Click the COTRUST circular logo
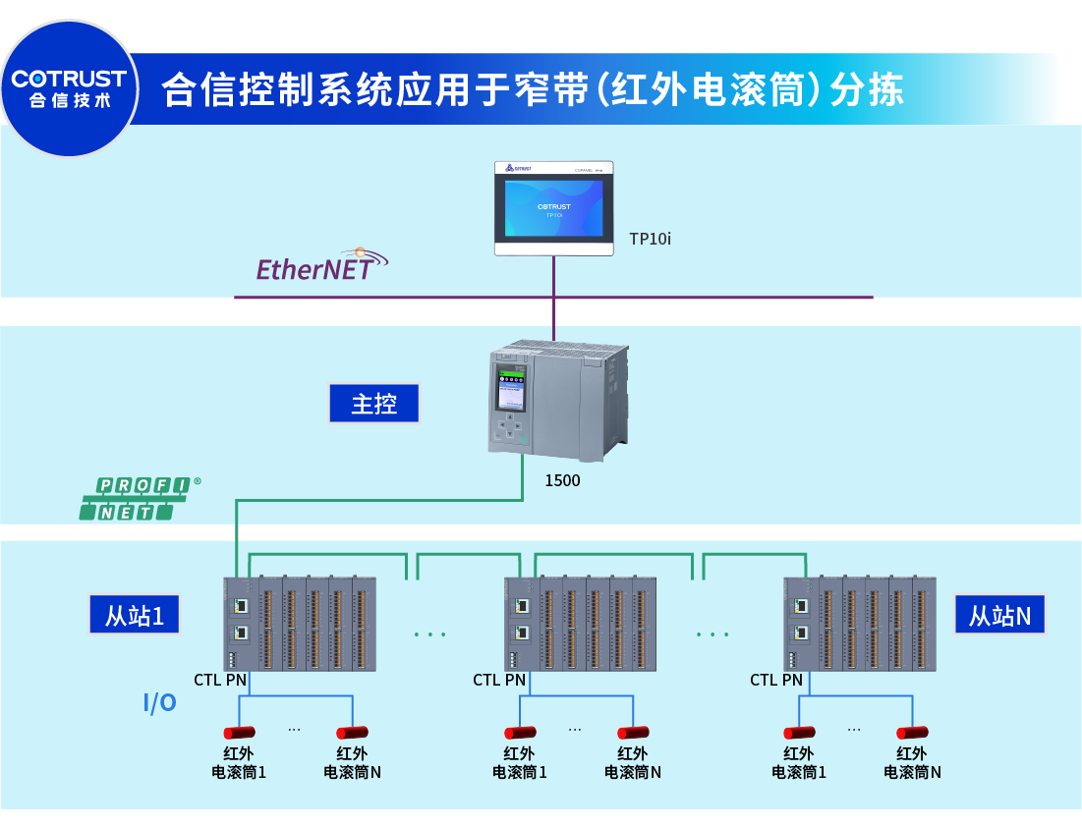69,88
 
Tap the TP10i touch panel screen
554,206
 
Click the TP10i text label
650,239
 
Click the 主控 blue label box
373,404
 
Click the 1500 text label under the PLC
562,481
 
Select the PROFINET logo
138,498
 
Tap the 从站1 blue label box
134,616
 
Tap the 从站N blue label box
999,616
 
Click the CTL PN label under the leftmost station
220,680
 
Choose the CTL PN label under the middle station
499,680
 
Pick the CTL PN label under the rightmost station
776,680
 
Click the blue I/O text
160,703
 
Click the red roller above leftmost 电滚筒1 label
239,733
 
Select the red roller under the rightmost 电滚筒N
912,733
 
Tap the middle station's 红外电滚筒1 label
519,763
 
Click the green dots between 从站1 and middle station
429,634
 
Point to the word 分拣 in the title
867,90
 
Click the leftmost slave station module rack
301,625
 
